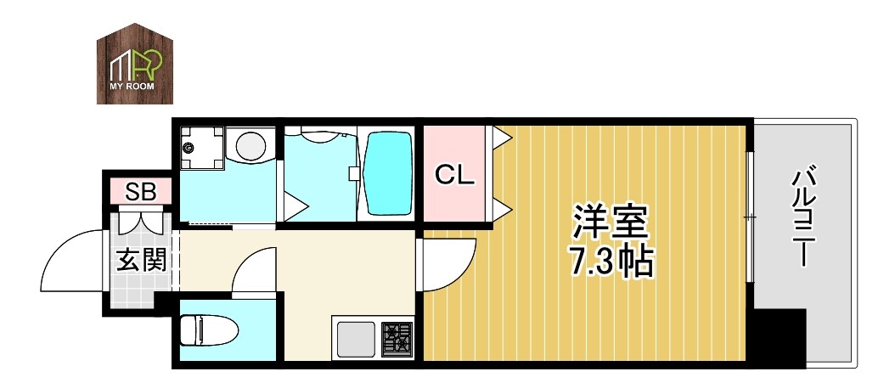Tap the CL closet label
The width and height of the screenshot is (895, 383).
(453, 175)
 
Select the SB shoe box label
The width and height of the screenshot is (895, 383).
(141, 191)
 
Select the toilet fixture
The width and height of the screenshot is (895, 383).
(205, 330)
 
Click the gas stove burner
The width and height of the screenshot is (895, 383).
(396, 339)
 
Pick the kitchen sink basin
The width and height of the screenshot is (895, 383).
(357, 339)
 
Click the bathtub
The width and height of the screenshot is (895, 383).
(387, 173)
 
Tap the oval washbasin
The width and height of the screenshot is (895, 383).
(252, 145)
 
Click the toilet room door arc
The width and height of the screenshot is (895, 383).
(252, 273)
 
